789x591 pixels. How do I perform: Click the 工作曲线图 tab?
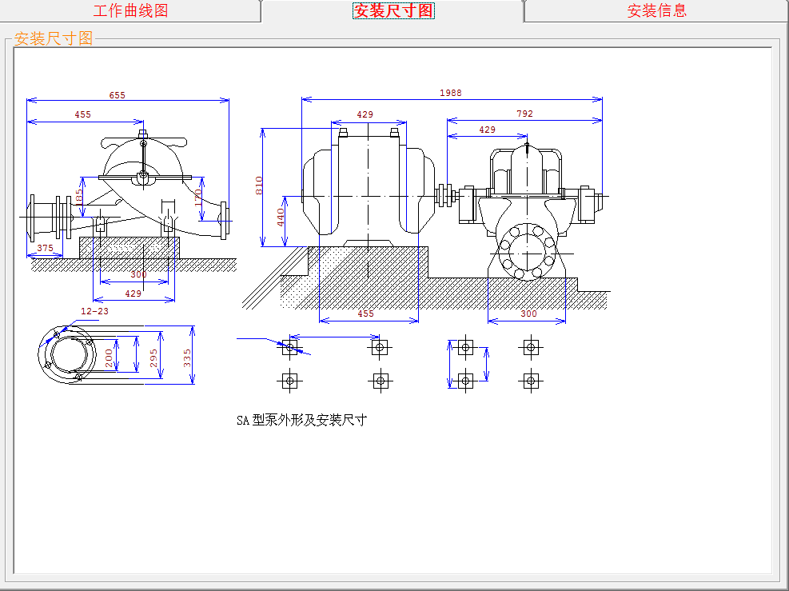pyautogui.click(x=130, y=10)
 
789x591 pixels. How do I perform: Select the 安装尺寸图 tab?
pyautogui.click(x=393, y=10)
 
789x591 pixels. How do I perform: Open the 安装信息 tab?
pyautogui.click(x=656, y=10)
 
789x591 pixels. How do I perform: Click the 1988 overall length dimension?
pyautogui.click(x=451, y=93)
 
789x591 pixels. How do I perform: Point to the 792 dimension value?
pyautogui.click(x=524, y=114)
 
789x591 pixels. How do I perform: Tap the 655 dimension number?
pyautogui.click(x=118, y=95)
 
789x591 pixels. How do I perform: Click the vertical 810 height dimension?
pyautogui.click(x=259, y=186)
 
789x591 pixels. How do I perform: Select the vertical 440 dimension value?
pyautogui.click(x=281, y=217)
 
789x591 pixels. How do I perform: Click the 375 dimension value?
pyautogui.click(x=46, y=249)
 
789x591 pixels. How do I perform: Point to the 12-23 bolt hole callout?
pyautogui.click(x=94, y=311)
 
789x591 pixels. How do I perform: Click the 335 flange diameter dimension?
pyautogui.click(x=188, y=357)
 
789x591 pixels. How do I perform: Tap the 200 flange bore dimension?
pyautogui.click(x=110, y=357)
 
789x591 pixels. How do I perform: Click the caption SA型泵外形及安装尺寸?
pyautogui.click(x=301, y=420)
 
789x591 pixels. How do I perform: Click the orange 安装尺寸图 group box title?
pyautogui.click(x=54, y=38)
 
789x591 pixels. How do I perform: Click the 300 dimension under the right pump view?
pyautogui.click(x=528, y=313)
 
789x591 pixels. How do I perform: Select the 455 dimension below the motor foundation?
pyautogui.click(x=365, y=313)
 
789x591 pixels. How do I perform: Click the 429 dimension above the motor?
pyautogui.click(x=365, y=114)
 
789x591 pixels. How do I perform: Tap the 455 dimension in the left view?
pyautogui.click(x=82, y=114)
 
